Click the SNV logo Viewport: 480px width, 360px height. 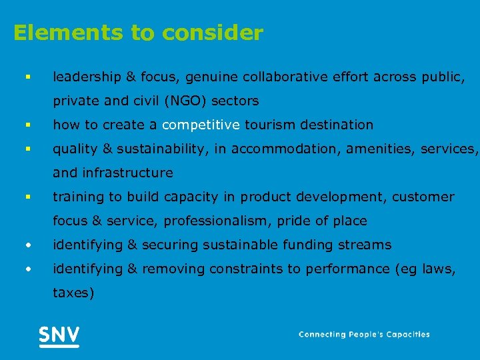click(x=59, y=335)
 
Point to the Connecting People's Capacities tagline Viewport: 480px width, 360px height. click(x=364, y=335)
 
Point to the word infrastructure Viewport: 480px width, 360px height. click(x=127, y=173)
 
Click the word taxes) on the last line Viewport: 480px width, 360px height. click(x=73, y=293)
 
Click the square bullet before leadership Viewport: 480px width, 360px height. click(x=27, y=77)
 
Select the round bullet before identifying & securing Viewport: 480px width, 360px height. click(x=27, y=245)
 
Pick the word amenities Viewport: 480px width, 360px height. click(x=376, y=149)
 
